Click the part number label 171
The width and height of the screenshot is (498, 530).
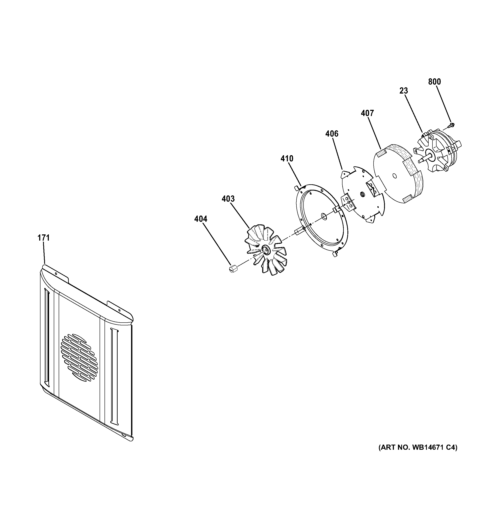pos(43,238)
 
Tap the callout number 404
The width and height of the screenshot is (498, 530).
pos(200,219)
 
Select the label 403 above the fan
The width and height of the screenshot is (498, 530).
pos(228,199)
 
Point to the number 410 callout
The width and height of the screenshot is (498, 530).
pos(287,159)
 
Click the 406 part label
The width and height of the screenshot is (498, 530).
pos(332,134)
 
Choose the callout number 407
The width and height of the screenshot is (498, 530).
pos(367,113)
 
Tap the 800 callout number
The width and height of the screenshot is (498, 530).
pos(435,82)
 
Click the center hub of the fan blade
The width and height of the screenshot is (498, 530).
pos(266,249)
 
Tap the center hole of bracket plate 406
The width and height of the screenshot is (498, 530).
pos(362,195)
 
